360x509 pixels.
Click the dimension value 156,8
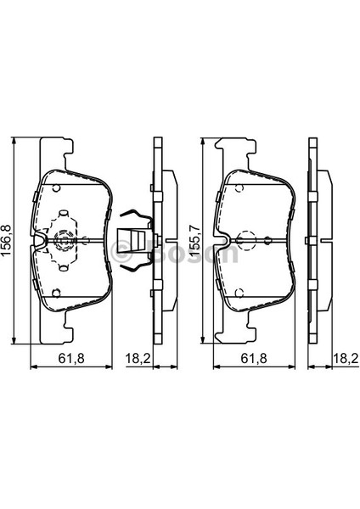click(8, 240)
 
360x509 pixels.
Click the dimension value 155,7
click(195, 240)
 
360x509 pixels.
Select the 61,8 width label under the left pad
click(71, 358)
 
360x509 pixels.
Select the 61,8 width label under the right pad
click(254, 358)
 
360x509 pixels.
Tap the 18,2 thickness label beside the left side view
click(138, 358)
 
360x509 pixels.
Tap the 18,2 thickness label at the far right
click(346, 358)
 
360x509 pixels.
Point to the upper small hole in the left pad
click(56, 188)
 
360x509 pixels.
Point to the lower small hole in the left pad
click(56, 294)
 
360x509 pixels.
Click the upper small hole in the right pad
click(239, 188)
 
